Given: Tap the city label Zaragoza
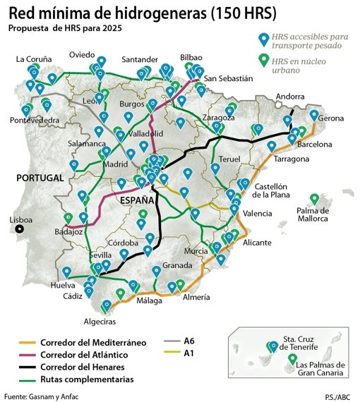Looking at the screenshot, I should tap(219, 117).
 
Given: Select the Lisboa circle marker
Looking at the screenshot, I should tap(20, 229).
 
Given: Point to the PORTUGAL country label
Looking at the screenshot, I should tap(41, 178).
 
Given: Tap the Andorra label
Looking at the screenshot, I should tap(291, 97).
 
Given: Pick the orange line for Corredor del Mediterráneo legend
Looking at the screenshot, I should tap(28, 343).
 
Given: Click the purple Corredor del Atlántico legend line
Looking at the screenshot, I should tap(28, 355).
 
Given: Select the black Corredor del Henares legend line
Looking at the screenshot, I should tap(28, 367).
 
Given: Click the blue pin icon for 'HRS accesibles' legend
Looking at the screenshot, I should tap(264, 39).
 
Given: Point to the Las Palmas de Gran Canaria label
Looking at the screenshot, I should tap(320, 369).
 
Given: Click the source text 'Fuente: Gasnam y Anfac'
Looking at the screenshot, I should tap(41, 396).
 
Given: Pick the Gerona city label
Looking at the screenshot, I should tap(330, 118).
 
